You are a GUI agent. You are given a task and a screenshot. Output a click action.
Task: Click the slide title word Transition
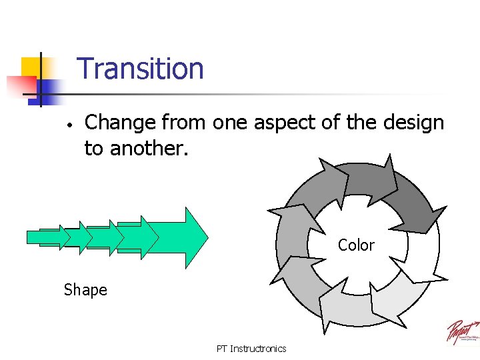[x=140, y=69]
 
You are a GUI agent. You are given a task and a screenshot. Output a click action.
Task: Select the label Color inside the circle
[x=356, y=245]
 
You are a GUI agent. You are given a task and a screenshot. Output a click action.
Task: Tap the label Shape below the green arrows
[x=85, y=290]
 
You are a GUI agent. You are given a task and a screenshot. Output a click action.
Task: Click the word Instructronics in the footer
[x=258, y=349]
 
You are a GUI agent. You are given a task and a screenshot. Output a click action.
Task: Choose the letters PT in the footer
[x=221, y=349]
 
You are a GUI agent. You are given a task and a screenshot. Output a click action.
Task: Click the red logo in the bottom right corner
[x=462, y=332]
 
